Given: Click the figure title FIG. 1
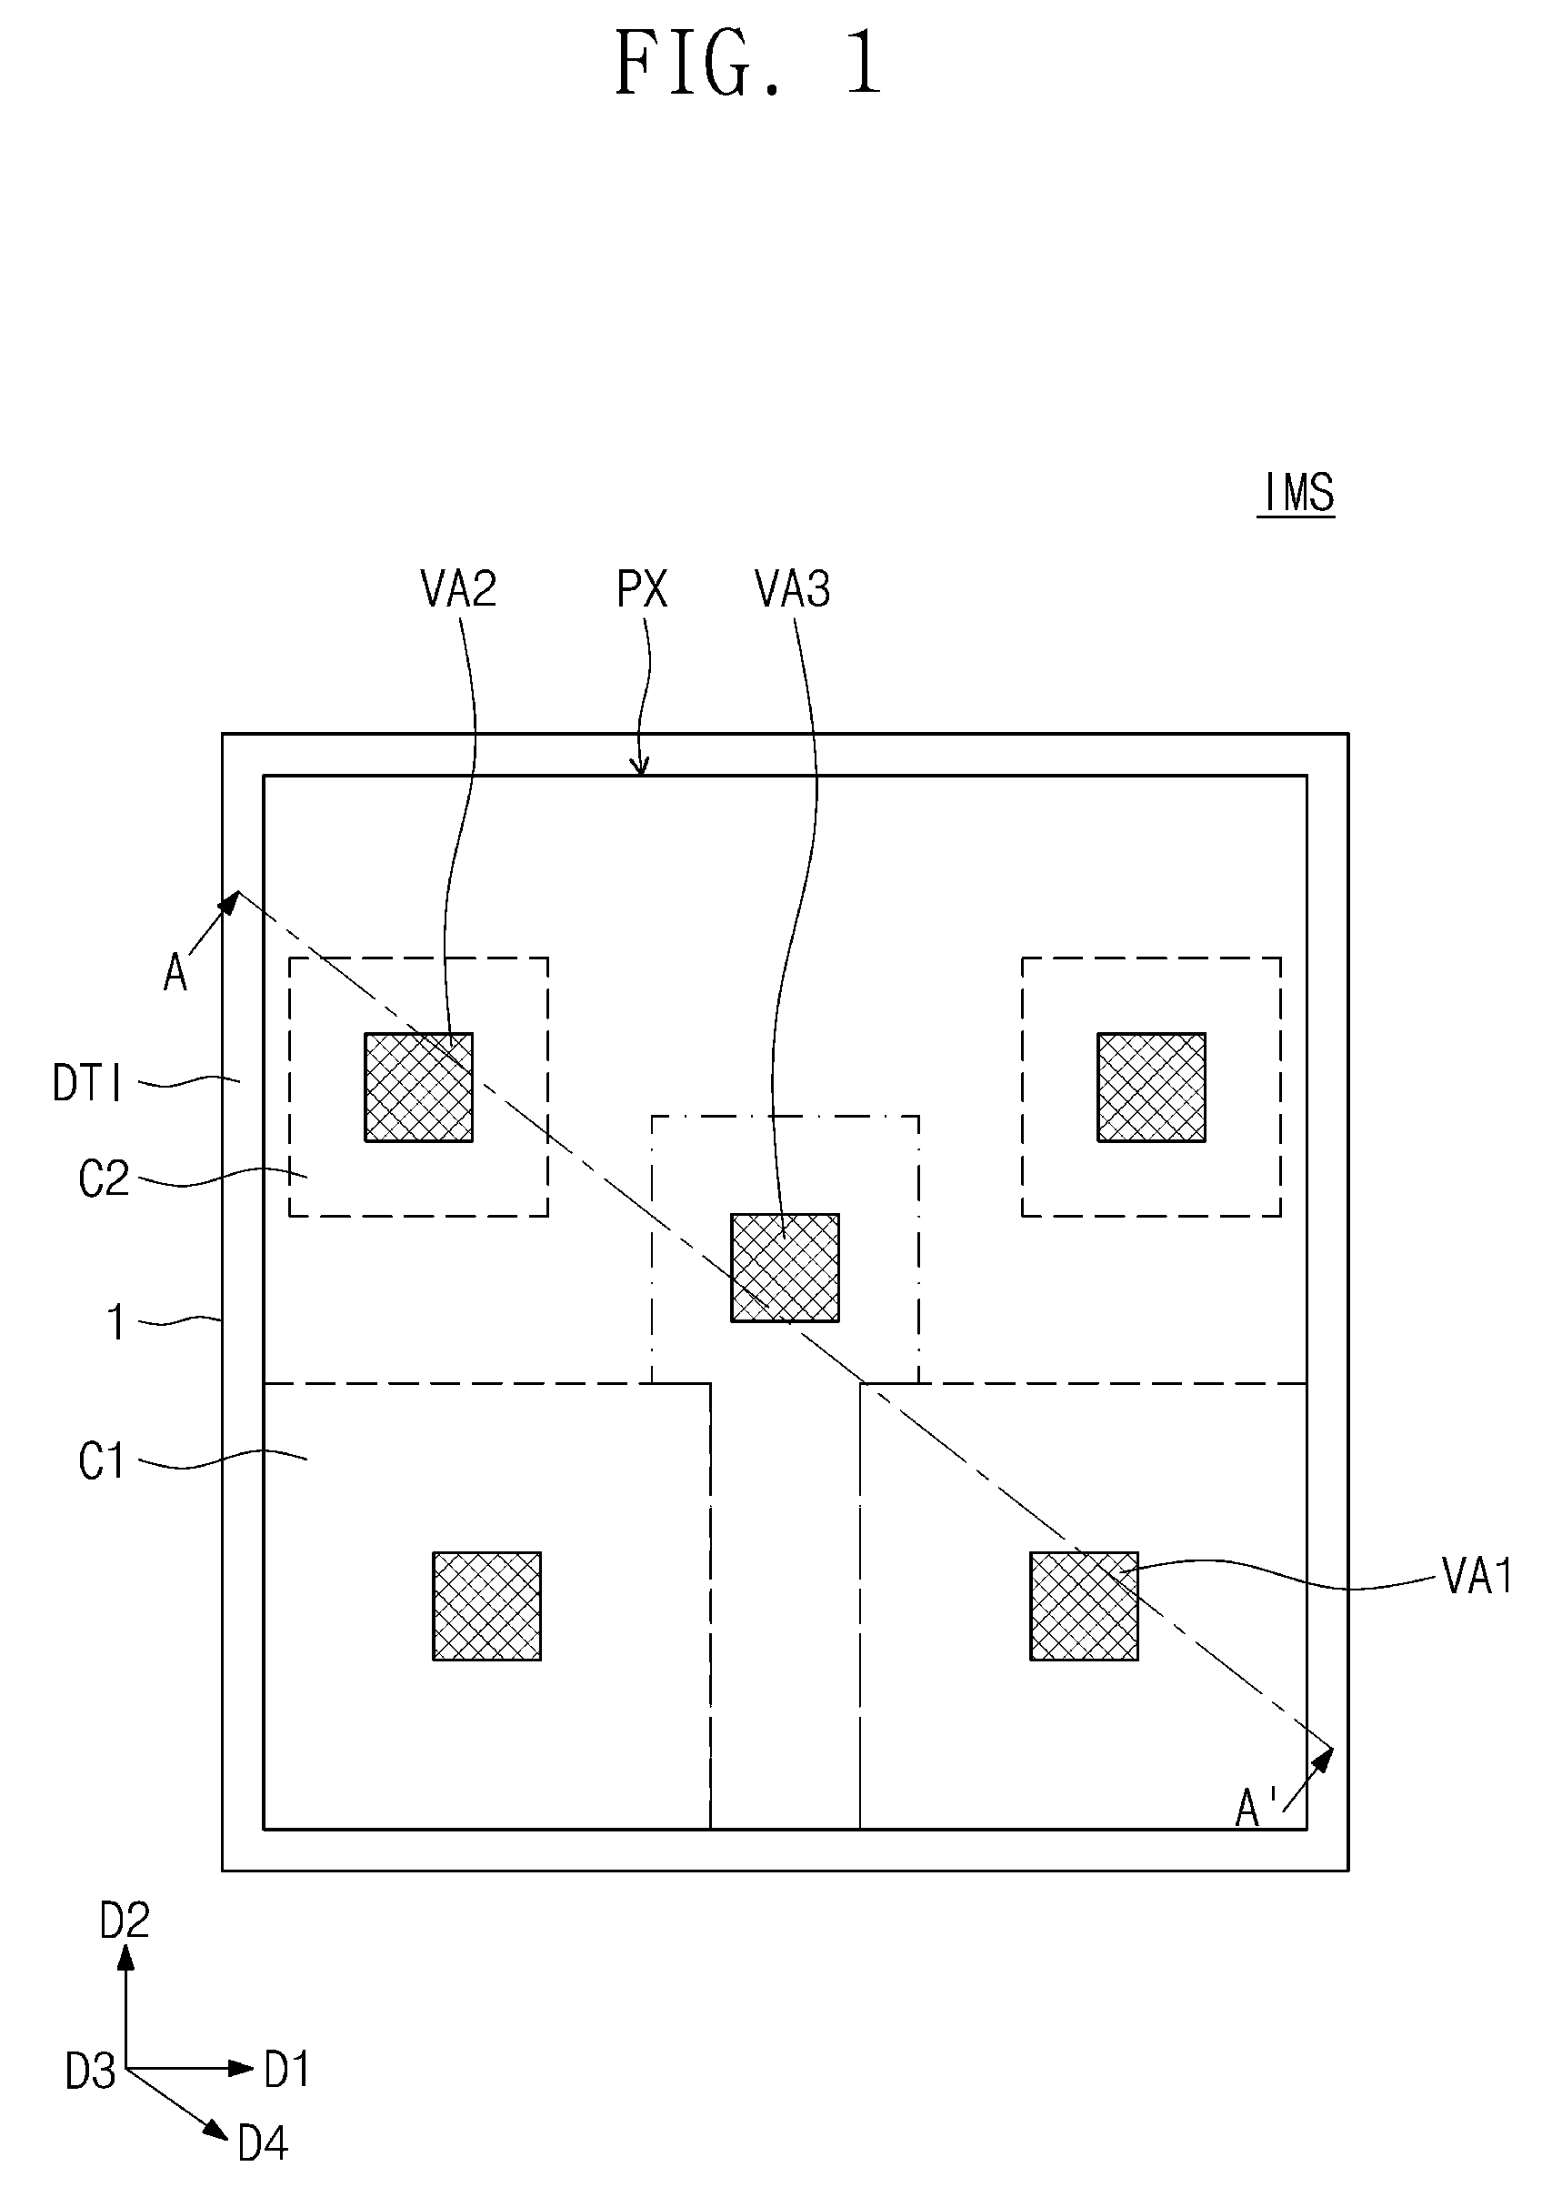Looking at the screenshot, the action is tap(748, 63).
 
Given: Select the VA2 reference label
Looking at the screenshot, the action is tap(459, 588).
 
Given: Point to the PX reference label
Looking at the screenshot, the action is tap(642, 588).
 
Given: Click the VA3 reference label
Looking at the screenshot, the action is tap(793, 588).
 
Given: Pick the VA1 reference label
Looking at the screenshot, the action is tap(1478, 1576).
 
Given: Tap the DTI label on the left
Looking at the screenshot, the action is tap(87, 1084).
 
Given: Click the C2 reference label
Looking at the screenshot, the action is tap(103, 1179).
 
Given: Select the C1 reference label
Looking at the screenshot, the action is tap(101, 1461).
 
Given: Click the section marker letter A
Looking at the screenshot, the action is tap(175, 972).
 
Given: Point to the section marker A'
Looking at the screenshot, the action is tap(1253, 1809).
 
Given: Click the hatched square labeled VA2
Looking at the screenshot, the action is tap(418, 1087).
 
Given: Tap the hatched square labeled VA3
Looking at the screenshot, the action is tap(785, 1268).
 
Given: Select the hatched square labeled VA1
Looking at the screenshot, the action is tap(1084, 1606).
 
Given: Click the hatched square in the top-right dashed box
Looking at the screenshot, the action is tap(1151, 1087).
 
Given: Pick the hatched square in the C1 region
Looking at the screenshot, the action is tap(486, 1606).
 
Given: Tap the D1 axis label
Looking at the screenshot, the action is tap(286, 2069).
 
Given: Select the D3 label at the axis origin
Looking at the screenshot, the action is tap(90, 2071).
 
